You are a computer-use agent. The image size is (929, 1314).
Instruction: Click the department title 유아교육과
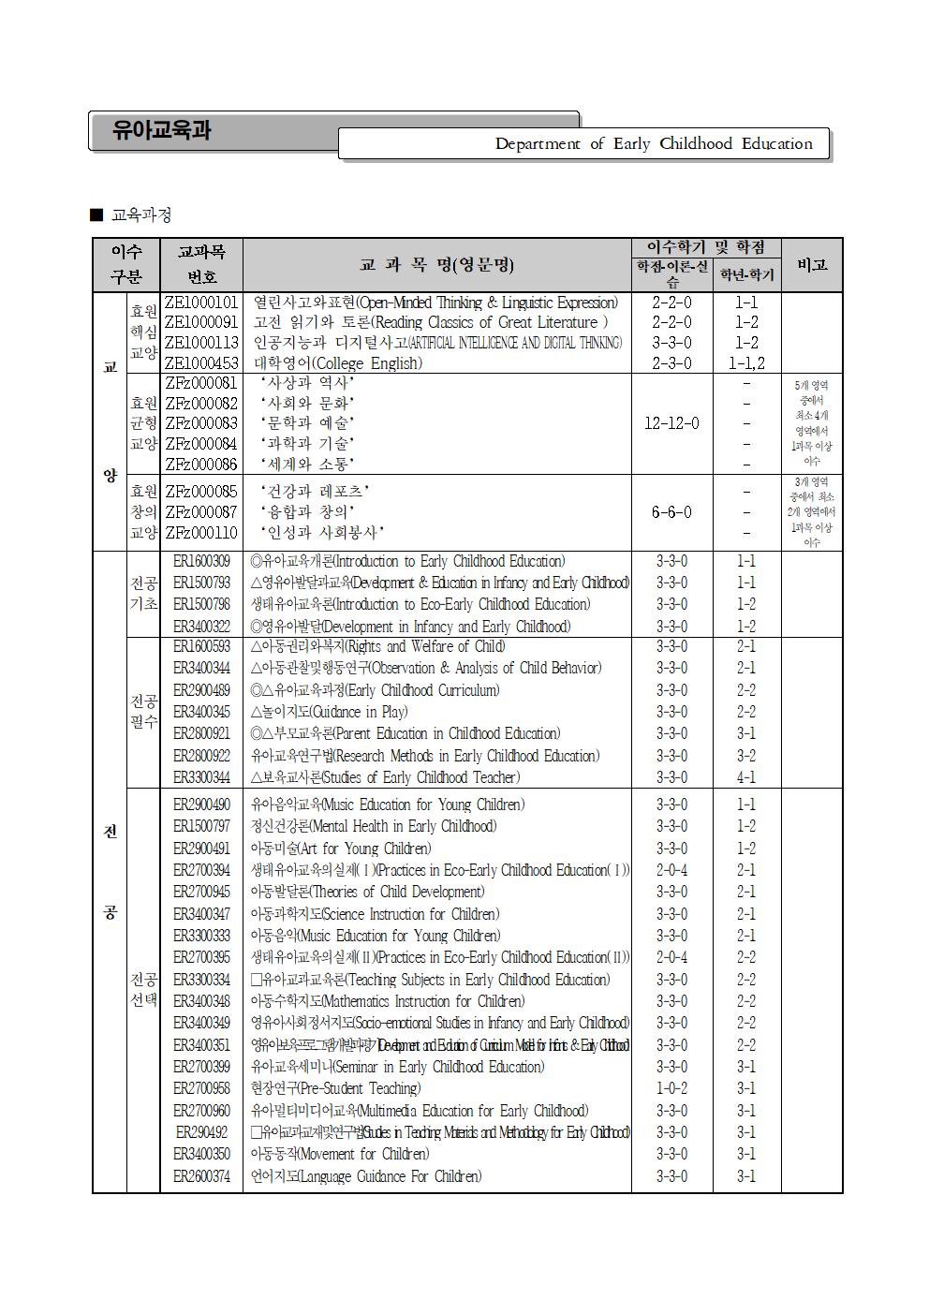coord(161,130)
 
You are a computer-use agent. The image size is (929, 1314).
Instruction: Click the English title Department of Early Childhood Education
coord(653,143)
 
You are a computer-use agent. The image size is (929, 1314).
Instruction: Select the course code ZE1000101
coord(201,303)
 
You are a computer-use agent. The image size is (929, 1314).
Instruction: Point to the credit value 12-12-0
coord(671,423)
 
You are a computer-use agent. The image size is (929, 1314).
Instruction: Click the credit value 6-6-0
coord(671,511)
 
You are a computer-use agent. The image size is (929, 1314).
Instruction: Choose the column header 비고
coord(811,264)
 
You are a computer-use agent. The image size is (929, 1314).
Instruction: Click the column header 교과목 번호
coord(201,264)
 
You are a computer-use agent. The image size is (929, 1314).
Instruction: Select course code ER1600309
coord(201,561)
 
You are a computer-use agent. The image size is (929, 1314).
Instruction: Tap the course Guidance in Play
coord(329,712)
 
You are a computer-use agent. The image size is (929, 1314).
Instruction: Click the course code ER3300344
coord(201,777)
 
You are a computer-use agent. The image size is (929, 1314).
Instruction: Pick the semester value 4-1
coord(745,777)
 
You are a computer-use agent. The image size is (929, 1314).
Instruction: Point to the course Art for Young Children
coord(341,849)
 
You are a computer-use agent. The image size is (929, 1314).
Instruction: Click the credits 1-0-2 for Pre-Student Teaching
coord(671,1088)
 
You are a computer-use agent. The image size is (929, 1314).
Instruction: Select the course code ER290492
coord(201,1132)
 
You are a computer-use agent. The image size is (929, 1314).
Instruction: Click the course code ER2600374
coord(201,1176)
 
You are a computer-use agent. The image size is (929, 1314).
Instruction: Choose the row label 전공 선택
coord(143,990)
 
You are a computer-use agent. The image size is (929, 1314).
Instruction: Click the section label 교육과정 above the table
coord(140,215)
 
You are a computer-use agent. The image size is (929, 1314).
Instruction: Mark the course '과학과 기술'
coord(306,444)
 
